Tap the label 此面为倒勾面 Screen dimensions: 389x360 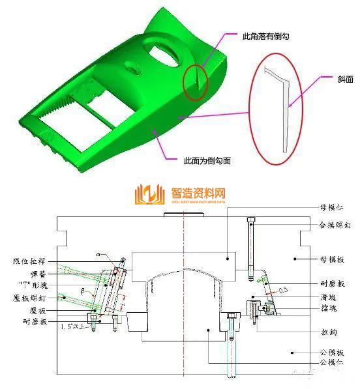click(207, 159)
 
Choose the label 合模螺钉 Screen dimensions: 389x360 click(331, 224)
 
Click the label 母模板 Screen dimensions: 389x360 click(331, 259)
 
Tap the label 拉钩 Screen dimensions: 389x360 click(327, 332)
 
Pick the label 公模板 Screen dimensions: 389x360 click(331, 352)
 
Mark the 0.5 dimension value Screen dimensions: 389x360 click(282, 289)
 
